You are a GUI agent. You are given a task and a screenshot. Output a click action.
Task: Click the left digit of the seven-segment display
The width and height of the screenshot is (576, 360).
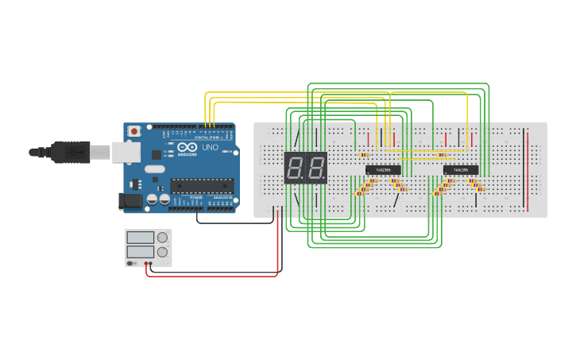pyautogui.click(x=295, y=168)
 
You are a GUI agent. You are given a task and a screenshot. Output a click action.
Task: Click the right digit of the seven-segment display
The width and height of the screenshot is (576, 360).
pyautogui.click(x=316, y=168)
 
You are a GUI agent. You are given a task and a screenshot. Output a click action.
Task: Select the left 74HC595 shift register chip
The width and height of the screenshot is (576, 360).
pyautogui.click(x=377, y=169)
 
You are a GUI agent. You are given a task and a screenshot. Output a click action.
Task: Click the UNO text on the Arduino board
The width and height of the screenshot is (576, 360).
pyautogui.click(x=210, y=148)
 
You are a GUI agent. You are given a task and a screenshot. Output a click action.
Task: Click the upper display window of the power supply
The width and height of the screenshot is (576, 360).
pyautogui.click(x=141, y=237)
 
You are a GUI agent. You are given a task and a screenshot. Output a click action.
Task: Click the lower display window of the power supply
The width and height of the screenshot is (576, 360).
pyautogui.click(x=141, y=252)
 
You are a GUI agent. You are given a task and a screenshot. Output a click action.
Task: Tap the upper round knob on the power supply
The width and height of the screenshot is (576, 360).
pyautogui.click(x=163, y=237)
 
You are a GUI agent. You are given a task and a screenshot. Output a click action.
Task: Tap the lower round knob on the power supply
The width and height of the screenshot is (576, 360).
pyautogui.click(x=163, y=252)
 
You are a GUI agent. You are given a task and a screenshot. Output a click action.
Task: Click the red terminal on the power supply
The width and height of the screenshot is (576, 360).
pyautogui.click(x=146, y=263)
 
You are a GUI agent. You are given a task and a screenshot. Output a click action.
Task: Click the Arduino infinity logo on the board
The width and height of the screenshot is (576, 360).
pyautogui.click(x=187, y=148)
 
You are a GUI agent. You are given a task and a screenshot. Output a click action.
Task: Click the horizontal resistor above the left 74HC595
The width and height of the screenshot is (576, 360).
pyautogui.click(x=365, y=155)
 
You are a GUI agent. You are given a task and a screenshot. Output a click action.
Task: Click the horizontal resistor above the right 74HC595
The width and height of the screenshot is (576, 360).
pyautogui.click(x=442, y=155)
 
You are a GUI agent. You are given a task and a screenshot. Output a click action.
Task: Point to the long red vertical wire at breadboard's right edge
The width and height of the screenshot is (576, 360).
pyautogui.click(x=527, y=171)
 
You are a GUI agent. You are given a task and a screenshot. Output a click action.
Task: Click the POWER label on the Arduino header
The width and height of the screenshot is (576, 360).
pyautogui.click(x=196, y=198)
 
